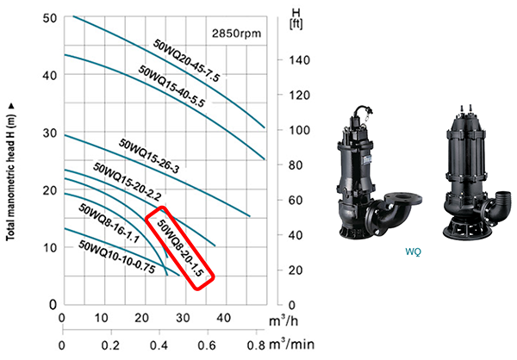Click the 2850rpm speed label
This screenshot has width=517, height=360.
(236, 34)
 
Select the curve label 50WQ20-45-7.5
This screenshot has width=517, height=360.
(186, 60)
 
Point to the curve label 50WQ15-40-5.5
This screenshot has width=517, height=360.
(171, 86)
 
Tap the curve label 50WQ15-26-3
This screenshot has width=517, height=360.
(149, 156)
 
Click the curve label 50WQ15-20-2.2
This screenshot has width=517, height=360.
(128, 182)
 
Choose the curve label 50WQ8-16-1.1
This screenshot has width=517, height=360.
(109, 223)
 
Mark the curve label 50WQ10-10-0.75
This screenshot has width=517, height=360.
(116, 257)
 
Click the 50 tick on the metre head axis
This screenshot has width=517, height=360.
(50, 18)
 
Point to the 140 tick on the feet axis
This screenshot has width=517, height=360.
(300, 60)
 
